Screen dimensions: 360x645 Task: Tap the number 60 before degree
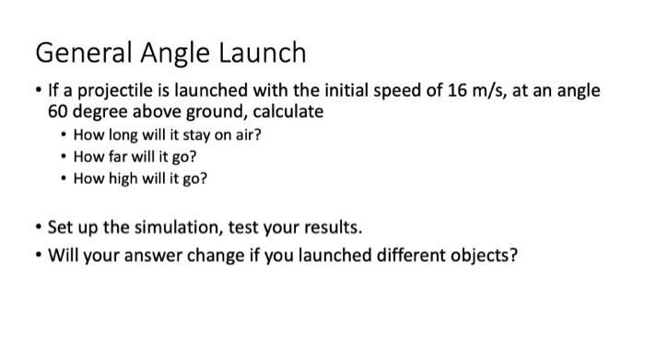pos(58,111)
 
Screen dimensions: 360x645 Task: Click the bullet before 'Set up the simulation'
pos(38,226)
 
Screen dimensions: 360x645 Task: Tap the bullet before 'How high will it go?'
pos(63,178)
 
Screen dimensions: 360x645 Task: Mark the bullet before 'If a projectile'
pos(38,91)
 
